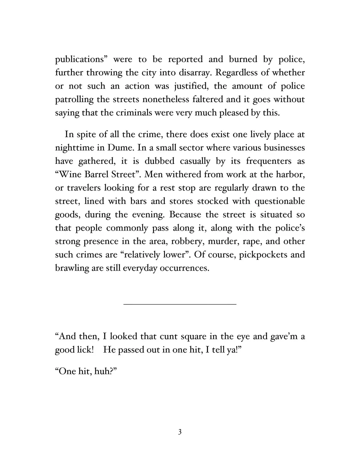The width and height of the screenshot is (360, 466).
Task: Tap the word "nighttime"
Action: [x=73, y=148]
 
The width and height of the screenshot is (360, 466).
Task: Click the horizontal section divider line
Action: [x=180, y=304]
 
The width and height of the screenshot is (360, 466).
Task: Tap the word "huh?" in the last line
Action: [x=105, y=372]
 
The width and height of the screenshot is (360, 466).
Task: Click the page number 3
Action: [x=180, y=432]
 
